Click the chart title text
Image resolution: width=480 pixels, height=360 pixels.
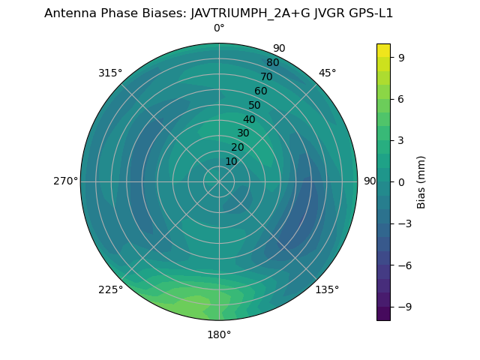(x=219, y=13)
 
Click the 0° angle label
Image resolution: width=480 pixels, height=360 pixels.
(x=219, y=28)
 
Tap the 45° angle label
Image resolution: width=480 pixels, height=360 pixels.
(x=327, y=73)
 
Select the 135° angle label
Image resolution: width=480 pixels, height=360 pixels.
(x=327, y=289)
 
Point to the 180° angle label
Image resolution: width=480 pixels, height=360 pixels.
(x=219, y=334)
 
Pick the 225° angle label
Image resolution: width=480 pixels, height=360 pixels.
(x=110, y=289)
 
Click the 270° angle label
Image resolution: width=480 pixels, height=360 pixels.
(x=66, y=181)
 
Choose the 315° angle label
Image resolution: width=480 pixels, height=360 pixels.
(x=110, y=73)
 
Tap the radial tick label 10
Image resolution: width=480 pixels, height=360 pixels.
(x=231, y=161)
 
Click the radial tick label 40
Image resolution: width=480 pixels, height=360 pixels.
(x=249, y=119)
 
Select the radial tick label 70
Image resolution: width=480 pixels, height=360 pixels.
(x=267, y=77)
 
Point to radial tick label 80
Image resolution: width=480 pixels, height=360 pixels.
(x=273, y=63)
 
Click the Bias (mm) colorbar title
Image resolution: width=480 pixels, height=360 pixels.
(x=421, y=181)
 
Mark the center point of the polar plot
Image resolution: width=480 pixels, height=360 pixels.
(x=219, y=181)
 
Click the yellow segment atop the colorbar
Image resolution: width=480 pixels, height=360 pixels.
(x=383, y=50)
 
